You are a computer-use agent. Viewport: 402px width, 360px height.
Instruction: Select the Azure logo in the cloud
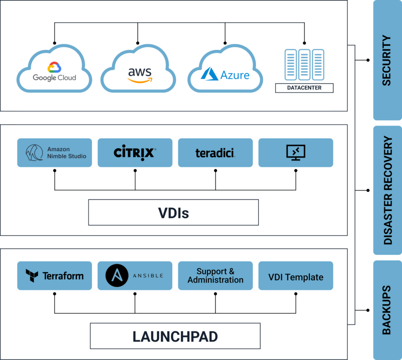coord(225,74)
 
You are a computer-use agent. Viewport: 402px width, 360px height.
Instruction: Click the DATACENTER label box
coord(304,88)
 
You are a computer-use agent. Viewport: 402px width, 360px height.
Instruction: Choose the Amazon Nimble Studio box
coord(55,152)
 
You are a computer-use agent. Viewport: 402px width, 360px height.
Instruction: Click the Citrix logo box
coord(135,152)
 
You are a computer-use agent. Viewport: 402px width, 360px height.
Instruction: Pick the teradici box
coord(215,152)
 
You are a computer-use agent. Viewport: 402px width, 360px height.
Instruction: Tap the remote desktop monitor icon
coord(296,152)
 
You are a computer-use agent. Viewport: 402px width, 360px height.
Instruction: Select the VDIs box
coord(174,212)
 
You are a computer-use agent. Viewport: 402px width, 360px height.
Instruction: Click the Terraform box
coord(55,276)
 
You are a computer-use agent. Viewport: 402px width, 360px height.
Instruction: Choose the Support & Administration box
coord(215,276)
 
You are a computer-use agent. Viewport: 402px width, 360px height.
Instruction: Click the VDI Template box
coord(296,277)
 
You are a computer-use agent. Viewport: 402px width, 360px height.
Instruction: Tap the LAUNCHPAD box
coord(175,336)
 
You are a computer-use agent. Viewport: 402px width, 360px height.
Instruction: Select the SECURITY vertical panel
coord(387,60)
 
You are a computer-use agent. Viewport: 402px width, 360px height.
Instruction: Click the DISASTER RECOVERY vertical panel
coord(387,190)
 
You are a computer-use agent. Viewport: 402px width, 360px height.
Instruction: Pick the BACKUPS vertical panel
coord(387,310)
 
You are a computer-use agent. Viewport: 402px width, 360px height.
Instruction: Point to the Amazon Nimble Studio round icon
coord(34,152)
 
